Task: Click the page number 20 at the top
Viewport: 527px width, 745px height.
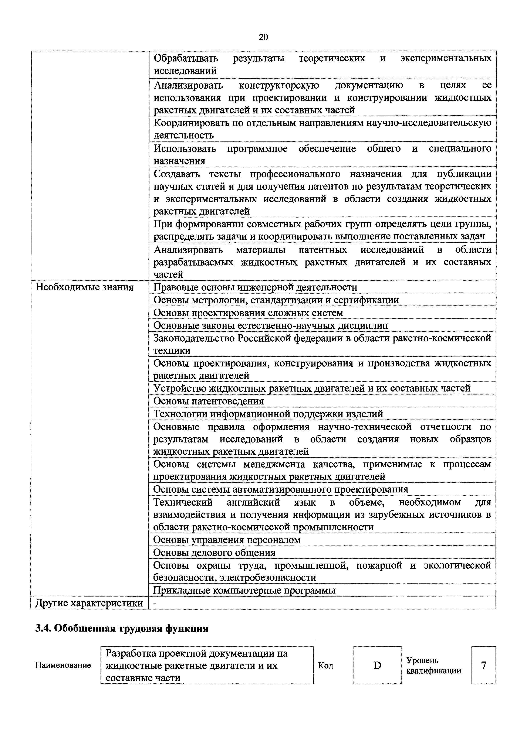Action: pos(263,37)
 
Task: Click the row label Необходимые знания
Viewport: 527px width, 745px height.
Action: pos(84,287)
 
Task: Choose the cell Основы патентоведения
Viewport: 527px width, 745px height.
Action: pos(209,401)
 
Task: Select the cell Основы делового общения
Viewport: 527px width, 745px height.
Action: pos(214,553)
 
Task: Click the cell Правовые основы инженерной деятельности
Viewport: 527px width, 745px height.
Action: pos(255,287)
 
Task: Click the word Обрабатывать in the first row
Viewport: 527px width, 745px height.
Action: pos(186,58)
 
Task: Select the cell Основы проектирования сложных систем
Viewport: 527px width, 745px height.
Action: pos(248,313)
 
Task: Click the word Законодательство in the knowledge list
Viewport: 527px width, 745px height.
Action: pos(194,338)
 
